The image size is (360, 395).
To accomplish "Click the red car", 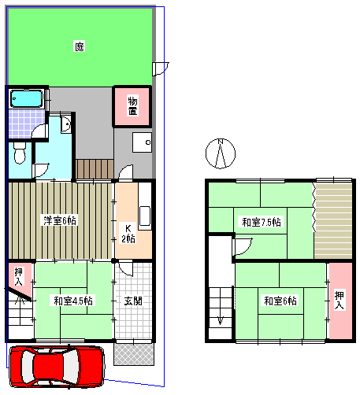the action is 57,366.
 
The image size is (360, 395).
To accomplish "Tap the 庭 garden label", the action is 80,46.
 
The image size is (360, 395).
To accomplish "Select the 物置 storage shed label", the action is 132,106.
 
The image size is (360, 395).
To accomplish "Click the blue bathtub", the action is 26,99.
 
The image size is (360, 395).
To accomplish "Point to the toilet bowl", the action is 20,153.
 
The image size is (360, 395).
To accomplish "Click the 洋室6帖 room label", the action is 60,220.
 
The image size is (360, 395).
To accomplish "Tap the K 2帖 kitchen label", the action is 128,233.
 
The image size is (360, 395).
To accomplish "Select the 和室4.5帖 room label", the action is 73,301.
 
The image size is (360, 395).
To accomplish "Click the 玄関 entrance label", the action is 133,301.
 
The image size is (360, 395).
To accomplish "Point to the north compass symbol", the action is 221,153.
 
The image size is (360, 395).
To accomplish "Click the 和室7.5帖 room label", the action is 262,222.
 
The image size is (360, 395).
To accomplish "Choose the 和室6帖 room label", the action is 280,301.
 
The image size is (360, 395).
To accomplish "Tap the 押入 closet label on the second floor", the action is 340,300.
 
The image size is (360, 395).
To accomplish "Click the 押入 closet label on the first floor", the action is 18,276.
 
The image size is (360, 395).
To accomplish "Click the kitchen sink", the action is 145,216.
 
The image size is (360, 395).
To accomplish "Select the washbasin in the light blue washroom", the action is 66,124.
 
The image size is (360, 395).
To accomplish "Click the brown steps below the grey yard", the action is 95,169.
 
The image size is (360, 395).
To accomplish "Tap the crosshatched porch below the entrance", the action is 134,354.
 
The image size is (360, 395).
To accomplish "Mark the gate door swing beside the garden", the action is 161,68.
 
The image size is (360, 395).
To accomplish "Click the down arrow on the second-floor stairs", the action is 220,320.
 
